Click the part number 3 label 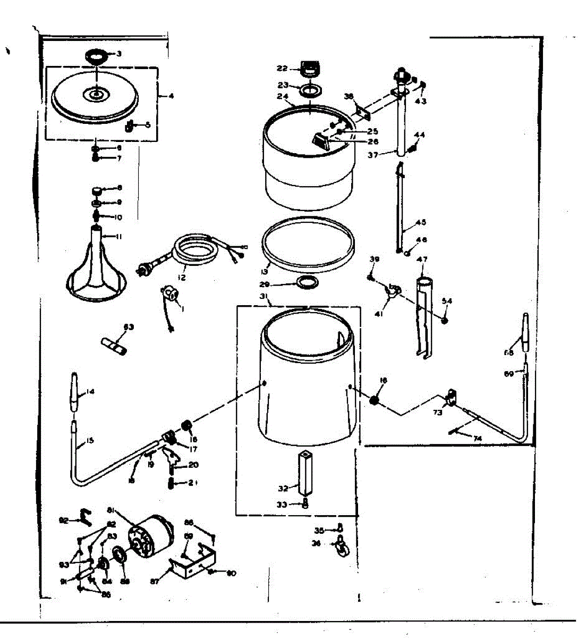119,54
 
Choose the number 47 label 422,259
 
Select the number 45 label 421,223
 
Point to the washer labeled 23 310,89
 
